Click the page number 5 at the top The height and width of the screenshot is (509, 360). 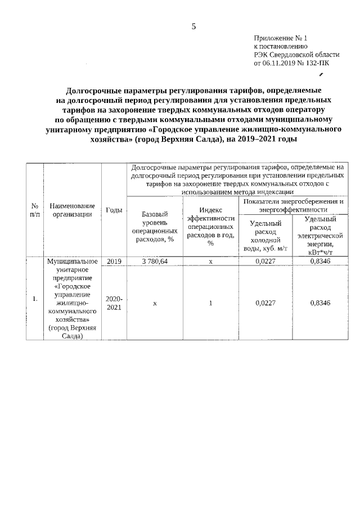pos(193,26)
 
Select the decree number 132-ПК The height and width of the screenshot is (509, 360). pos(317,64)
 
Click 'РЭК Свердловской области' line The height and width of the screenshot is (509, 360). pos(296,55)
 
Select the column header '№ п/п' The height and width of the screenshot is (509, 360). pos(35,210)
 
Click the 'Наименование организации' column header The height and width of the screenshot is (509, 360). pos(72,210)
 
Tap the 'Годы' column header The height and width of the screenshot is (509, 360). pos(114,210)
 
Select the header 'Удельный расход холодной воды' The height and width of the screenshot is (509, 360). pos(265,235)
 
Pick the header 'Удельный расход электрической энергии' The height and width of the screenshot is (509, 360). pos(318,235)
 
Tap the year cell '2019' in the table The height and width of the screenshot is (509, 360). pos(114,261)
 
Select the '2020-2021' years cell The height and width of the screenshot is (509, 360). pos(114,303)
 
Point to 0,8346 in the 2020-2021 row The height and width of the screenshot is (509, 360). pos(319,303)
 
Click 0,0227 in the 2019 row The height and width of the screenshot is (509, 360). pos(265,261)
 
